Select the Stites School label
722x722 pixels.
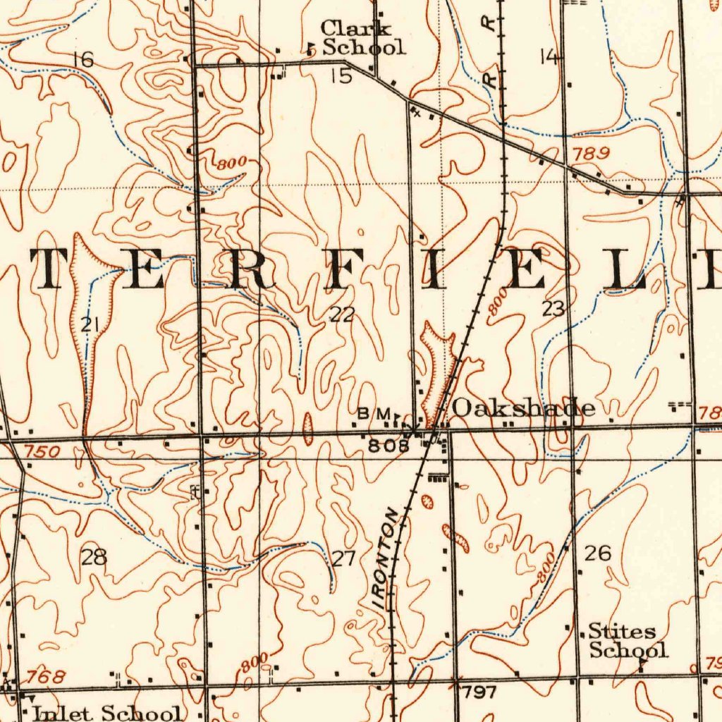coord(627,640)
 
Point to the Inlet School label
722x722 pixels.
coord(109,712)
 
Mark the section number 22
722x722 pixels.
coord(342,314)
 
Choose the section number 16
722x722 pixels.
coord(83,60)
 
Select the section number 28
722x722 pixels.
coord(94,558)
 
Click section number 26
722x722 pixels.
coord(598,553)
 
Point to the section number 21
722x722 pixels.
coord(90,325)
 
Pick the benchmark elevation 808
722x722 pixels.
coord(388,446)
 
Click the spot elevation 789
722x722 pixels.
coord(587,153)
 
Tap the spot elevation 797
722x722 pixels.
coord(479,692)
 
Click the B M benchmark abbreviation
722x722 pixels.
coord(374,414)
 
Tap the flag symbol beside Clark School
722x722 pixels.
coord(311,49)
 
